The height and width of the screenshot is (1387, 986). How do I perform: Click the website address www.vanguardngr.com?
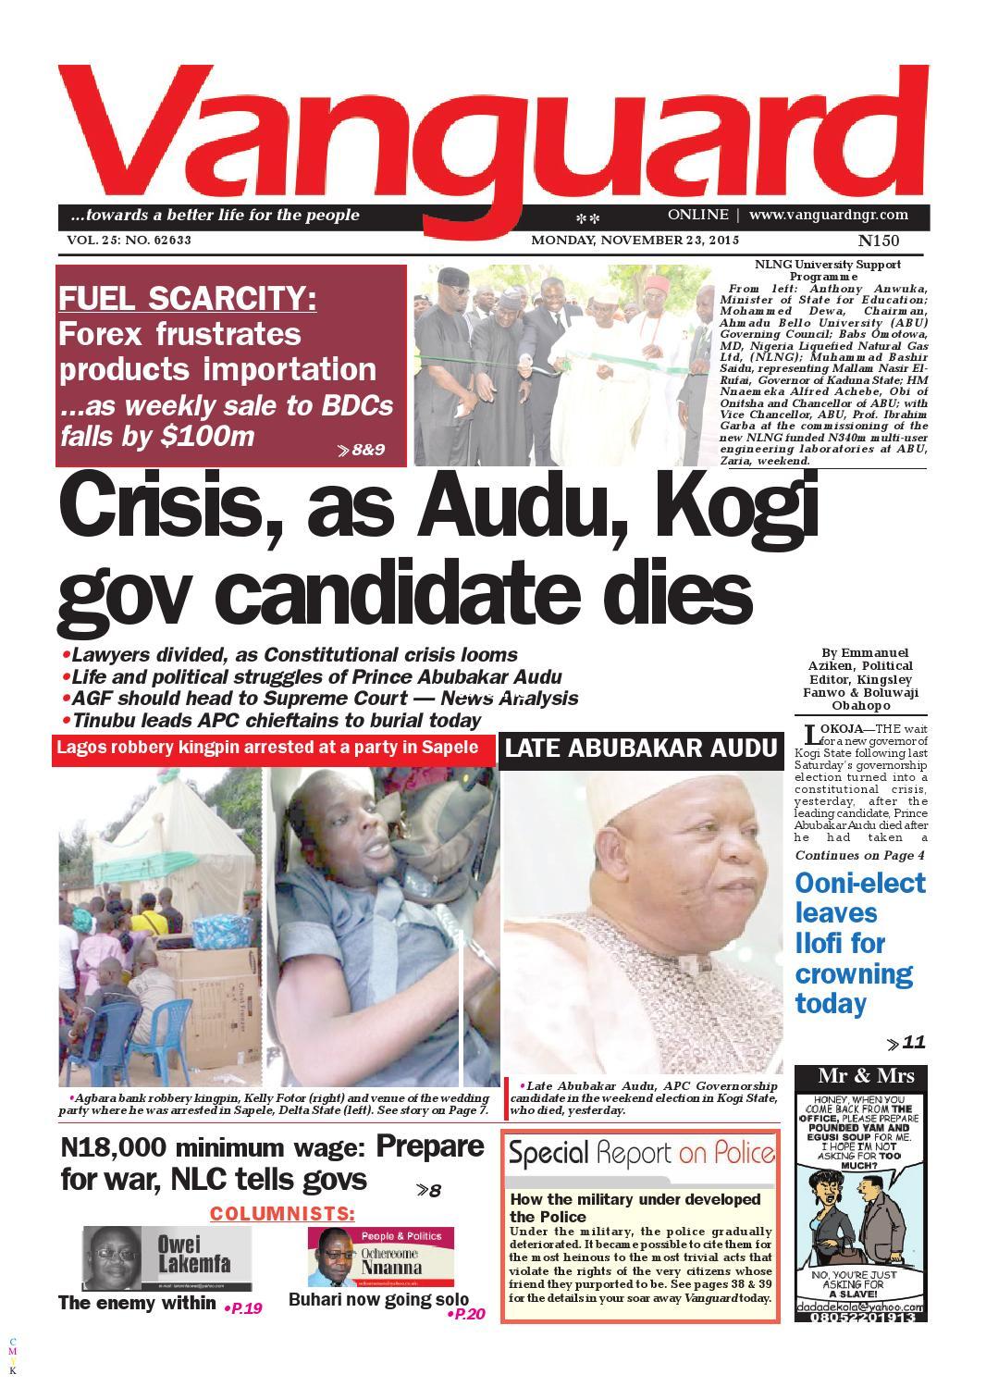click(828, 215)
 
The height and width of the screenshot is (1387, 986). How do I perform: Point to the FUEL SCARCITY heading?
click(188, 299)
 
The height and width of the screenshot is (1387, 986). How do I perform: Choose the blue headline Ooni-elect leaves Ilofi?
click(860, 943)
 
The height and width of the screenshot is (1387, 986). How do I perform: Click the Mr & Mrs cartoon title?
click(866, 1075)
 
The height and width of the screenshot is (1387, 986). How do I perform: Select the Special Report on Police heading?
click(641, 1153)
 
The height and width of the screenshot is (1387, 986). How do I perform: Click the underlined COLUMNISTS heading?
click(281, 1213)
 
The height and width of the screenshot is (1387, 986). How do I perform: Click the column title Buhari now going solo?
click(378, 1299)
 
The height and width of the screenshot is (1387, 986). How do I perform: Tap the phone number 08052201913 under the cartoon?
click(866, 1317)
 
